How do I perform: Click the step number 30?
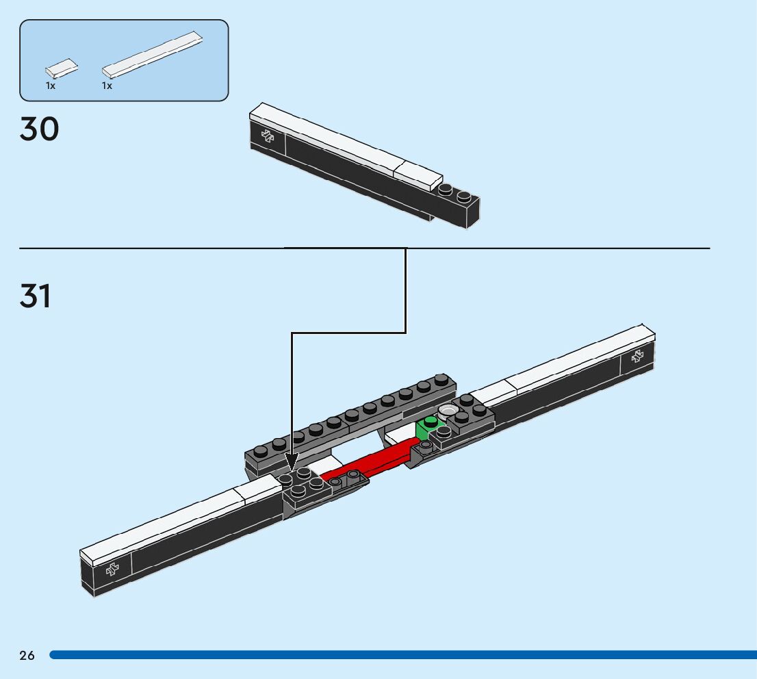(40, 129)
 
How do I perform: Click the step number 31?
(36, 296)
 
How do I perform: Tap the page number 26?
(27, 656)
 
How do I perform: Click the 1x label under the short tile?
(51, 86)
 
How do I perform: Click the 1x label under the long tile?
(107, 86)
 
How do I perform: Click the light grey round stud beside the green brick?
(449, 411)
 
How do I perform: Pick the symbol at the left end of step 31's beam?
(112, 569)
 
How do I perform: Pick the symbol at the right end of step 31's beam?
(637, 355)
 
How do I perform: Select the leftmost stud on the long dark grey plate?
(261, 450)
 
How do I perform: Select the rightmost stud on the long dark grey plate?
(441, 381)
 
